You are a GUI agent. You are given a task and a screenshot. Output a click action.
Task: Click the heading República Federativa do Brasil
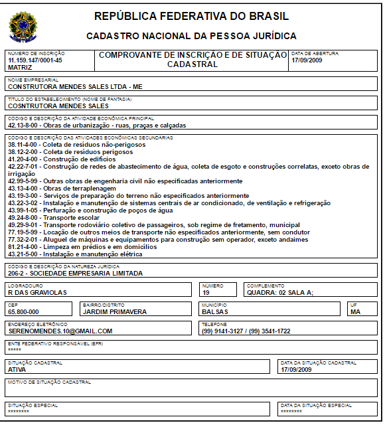tap(191, 16)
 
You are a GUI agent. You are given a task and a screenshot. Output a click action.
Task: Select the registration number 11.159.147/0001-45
tap(35, 60)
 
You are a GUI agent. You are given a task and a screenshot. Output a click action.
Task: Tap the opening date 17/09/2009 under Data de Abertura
tap(307, 60)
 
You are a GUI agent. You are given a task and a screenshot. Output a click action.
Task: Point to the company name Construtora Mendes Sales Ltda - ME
tap(75, 86)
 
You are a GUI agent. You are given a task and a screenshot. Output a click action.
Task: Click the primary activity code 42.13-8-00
tap(24, 125)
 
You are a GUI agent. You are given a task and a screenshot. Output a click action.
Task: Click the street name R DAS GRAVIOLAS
tap(37, 292)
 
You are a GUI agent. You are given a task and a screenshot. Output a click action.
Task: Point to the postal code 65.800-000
tap(23, 311)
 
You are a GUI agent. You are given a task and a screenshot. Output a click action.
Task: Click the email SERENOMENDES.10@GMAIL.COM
tap(60, 331)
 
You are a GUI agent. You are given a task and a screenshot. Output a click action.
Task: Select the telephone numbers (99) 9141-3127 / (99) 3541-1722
tap(246, 331)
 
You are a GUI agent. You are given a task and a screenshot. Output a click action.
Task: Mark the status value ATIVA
tap(17, 369)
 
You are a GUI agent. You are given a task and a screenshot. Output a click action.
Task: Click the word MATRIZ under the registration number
tap(19, 67)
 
